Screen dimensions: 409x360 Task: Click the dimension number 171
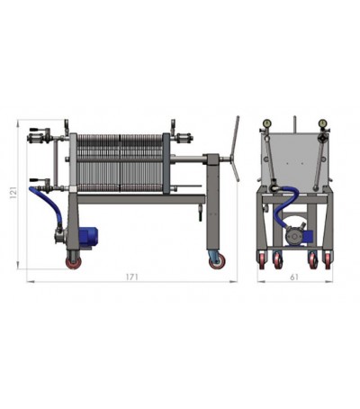point(131,277)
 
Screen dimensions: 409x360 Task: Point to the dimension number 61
point(293,277)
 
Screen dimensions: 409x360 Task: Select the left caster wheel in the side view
point(70,260)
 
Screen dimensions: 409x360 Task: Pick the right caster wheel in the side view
point(216,259)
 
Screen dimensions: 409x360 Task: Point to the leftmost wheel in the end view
point(264,260)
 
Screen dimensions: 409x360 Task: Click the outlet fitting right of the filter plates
point(183,139)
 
